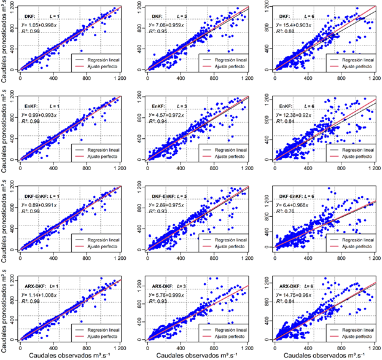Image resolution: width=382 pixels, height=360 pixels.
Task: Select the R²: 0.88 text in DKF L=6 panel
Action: click(288, 31)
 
